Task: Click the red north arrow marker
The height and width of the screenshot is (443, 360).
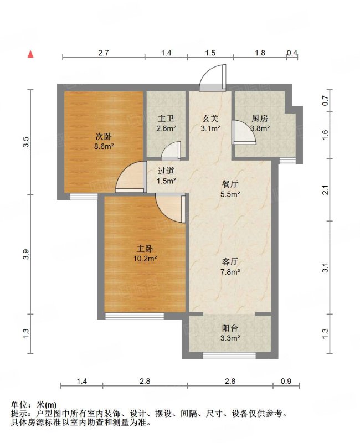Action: [x=30, y=54]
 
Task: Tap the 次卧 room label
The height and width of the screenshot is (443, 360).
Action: [x=103, y=137]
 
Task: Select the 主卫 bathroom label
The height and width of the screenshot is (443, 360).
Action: [x=166, y=119]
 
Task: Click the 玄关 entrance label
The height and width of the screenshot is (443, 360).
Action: [x=210, y=119]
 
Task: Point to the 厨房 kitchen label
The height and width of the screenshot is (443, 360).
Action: [x=260, y=119]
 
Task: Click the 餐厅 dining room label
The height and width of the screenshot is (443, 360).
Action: [x=230, y=184]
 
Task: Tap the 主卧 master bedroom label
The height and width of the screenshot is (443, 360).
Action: [x=145, y=249]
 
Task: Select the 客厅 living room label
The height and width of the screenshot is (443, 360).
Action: [x=230, y=262]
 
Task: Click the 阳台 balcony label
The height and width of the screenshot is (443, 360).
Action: [x=230, y=328]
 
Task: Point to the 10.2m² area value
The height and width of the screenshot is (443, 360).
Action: [x=145, y=259]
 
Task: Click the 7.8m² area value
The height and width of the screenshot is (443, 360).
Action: [x=230, y=272]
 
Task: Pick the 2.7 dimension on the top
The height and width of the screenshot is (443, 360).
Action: [x=104, y=53]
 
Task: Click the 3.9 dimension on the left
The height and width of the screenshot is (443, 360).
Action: [x=26, y=254]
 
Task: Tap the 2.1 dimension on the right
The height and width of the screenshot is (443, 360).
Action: [x=325, y=190]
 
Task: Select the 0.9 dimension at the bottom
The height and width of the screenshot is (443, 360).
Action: [x=286, y=381]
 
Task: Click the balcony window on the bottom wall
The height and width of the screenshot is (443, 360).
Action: [x=229, y=356]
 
